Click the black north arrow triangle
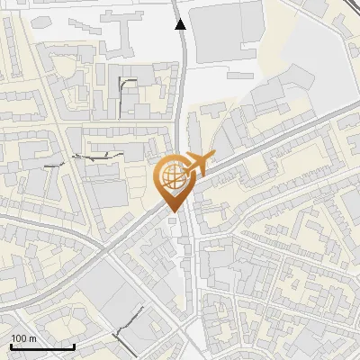coord(181,24)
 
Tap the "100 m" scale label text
coord(23,338)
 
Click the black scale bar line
coord(42,346)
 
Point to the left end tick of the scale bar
coord(11,345)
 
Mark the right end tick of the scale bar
coord(74,345)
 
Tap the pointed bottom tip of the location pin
coord(171,211)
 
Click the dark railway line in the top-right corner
coord(346,13)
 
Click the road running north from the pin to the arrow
coord(183,99)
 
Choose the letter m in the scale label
coord(32,338)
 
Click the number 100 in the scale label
coord(19,338)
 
